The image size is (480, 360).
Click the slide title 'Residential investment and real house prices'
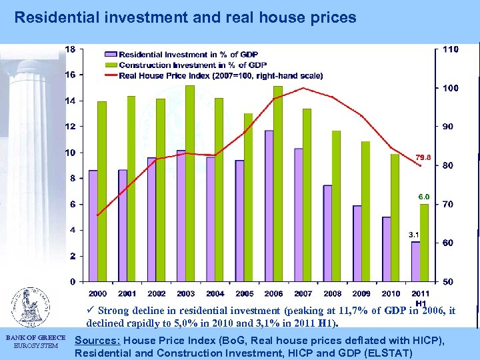click(185, 18)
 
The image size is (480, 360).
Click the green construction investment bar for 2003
click(190, 183)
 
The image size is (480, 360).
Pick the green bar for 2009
click(366, 211)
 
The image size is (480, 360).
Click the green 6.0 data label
click(424, 197)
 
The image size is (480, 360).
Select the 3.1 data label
click(413, 235)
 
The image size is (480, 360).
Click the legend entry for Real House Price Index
click(220, 75)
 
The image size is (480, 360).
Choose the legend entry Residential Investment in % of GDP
click(188, 53)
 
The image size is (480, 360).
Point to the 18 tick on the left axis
click(70, 49)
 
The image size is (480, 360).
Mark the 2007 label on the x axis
click(303, 293)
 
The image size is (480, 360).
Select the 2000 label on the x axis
click(97, 293)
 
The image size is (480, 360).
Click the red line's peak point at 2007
click(303, 88)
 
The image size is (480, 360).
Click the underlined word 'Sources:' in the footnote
click(97, 341)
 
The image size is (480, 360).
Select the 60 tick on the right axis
click(447, 243)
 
